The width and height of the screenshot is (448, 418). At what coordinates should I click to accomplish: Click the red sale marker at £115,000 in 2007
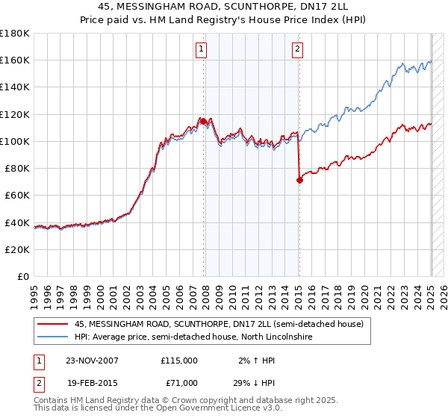point(204,121)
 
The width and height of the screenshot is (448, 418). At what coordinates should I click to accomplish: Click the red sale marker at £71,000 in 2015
point(299,180)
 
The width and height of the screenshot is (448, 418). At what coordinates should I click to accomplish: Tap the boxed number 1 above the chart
point(202,50)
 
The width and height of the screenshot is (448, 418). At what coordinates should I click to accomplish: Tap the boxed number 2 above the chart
point(297,50)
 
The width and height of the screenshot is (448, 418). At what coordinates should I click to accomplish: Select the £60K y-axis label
point(17,195)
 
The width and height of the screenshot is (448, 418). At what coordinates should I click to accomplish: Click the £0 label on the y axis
point(23,276)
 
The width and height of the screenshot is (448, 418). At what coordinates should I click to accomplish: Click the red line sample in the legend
point(53,324)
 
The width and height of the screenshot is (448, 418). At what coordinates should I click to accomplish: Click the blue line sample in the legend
point(53,337)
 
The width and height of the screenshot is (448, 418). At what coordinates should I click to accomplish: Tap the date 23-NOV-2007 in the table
point(92,361)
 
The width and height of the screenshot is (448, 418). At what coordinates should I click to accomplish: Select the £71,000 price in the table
point(179,383)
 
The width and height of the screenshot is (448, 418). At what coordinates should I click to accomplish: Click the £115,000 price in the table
point(179,361)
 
